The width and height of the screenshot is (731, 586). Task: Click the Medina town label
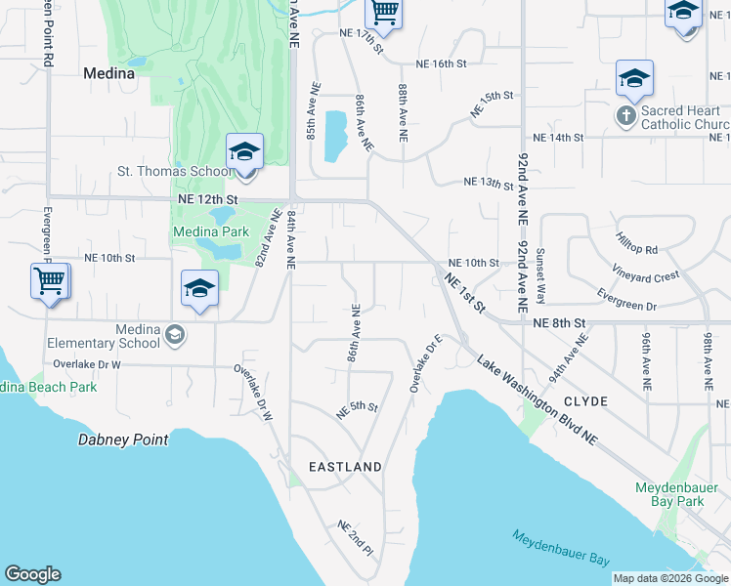(x=107, y=72)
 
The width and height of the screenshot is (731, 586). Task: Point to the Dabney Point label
(x=123, y=440)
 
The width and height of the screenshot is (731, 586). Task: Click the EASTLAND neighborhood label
(x=345, y=468)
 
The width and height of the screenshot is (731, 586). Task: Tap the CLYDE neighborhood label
(x=585, y=401)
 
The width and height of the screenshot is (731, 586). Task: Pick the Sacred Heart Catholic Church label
(x=685, y=118)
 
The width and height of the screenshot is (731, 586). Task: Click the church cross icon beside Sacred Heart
(x=625, y=117)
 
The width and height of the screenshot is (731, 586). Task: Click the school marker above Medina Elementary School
(x=199, y=290)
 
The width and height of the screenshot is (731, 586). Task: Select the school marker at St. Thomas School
(x=244, y=153)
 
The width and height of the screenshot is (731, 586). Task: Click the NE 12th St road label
(x=207, y=198)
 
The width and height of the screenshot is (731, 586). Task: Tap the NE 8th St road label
(x=558, y=322)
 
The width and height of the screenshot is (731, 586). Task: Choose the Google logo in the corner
(x=32, y=574)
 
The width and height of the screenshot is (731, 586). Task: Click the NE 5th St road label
(x=357, y=410)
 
